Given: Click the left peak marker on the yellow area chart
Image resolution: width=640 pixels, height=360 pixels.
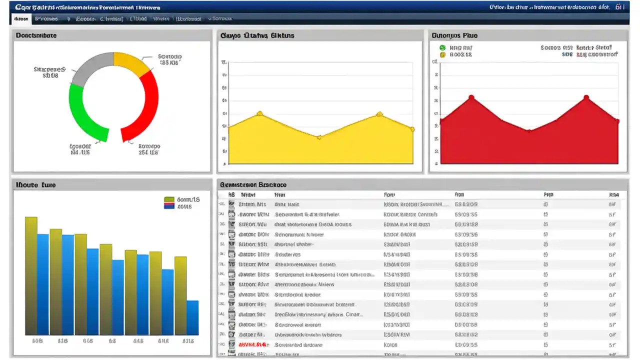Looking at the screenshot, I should (x=259, y=113).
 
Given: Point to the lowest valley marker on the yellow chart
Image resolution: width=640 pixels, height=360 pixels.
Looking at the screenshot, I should (x=319, y=137).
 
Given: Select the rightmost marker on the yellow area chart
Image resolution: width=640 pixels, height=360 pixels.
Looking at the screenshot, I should (x=412, y=129).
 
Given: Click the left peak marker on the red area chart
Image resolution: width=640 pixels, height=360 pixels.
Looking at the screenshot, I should (x=471, y=97).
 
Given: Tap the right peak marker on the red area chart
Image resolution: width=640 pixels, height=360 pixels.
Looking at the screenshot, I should (x=586, y=97).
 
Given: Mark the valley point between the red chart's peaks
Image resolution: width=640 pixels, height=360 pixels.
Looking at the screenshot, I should (x=529, y=131).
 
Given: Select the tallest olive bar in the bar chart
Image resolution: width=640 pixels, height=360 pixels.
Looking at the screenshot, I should (x=31, y=275).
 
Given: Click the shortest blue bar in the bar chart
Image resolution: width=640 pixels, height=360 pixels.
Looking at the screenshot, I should (x=192, y=317).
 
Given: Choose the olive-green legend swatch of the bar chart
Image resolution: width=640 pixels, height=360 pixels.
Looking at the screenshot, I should (x=169, y=199).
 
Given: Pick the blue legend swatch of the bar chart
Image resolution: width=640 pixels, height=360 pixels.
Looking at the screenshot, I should (x=169, y=205).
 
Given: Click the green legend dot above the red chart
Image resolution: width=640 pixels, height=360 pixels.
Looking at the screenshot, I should (x=442, y=48).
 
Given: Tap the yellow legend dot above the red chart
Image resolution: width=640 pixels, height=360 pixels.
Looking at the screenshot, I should (x=442, y=54).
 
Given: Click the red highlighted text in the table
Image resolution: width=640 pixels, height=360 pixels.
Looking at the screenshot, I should (x=252, y=344).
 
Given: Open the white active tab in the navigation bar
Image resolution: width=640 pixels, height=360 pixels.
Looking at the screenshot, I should (x=21, y=19).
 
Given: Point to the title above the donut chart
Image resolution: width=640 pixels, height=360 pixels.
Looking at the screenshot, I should (x=36, y=35).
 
